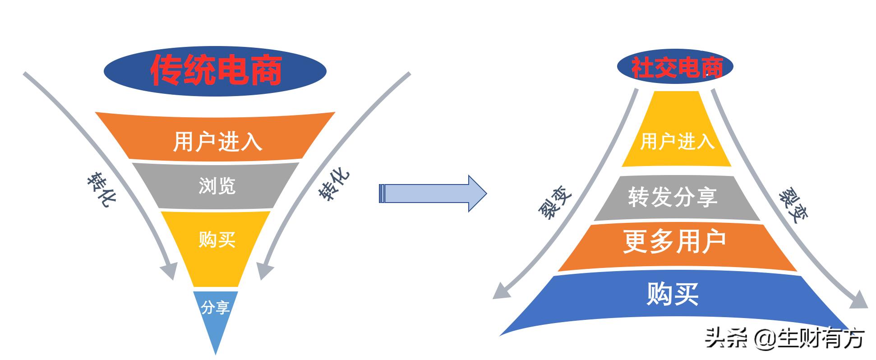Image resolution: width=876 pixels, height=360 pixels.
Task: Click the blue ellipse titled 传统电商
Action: [215, 70]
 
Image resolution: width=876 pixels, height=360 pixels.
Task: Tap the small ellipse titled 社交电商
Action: [675, 67]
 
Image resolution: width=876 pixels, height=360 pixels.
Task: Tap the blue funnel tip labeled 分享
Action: [216, 311]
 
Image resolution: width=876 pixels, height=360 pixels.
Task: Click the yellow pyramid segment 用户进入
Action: [677, 135]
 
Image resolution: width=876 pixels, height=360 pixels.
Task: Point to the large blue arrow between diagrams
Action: [433, 194]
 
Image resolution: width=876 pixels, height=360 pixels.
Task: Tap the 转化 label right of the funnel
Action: [334, 185]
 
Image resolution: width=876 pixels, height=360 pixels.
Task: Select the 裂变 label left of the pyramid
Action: [555, 203]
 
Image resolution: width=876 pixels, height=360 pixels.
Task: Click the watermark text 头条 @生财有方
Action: [785, 338]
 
